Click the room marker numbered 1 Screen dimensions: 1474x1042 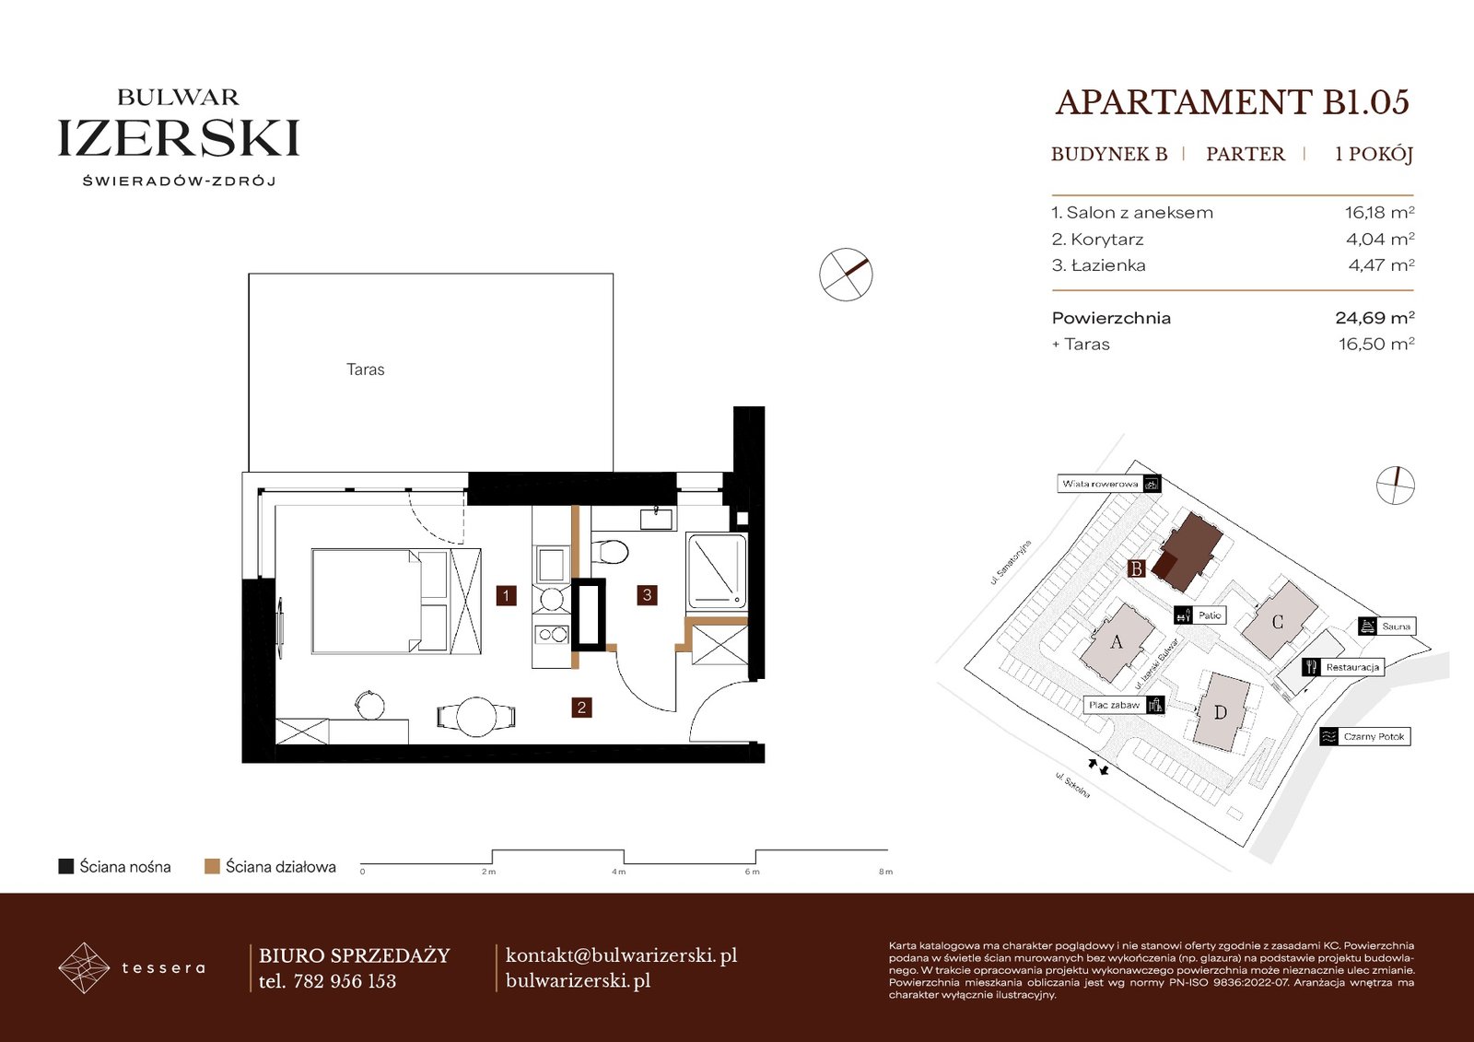[506, 596]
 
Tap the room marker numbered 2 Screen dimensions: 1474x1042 [581, 708]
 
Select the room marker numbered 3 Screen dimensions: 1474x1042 [647, 595]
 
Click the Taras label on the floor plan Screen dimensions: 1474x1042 [365, 369]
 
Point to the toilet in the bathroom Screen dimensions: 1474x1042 [609, 552]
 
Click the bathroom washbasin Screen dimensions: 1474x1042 [657, 518]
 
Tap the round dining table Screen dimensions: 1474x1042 [475, 716]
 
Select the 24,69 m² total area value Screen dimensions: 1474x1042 [1375, 318]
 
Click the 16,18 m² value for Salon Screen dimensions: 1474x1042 [1379, 212]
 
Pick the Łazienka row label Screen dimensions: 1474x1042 [1098, 265]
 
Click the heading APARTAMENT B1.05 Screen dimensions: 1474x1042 [1233, 102]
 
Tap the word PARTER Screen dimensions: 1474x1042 [1245, 154]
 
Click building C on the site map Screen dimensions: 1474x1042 [1279, 621]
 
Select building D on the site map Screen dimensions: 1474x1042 [1222, 711]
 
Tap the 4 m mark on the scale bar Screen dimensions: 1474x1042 [618, 872]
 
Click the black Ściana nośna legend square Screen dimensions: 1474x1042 [65, 866]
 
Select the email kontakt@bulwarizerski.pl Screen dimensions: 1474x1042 [621, 955]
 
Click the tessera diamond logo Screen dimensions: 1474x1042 [84, 967]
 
